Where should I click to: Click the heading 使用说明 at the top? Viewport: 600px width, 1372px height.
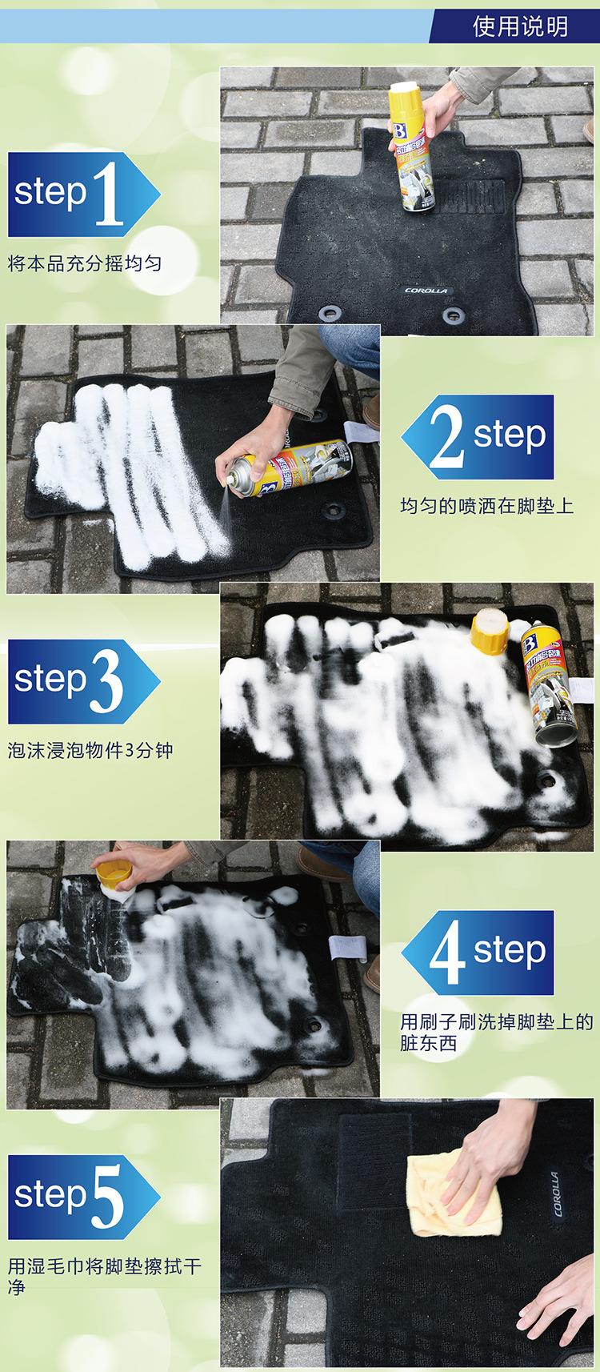point(520,26)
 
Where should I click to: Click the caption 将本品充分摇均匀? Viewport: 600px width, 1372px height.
point(85,263)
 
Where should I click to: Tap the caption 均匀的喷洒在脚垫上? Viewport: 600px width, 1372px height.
point(486,506)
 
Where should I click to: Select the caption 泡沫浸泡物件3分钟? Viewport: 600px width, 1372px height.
point(90,751)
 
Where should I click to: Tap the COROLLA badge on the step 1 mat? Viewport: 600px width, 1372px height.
point(426,291)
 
